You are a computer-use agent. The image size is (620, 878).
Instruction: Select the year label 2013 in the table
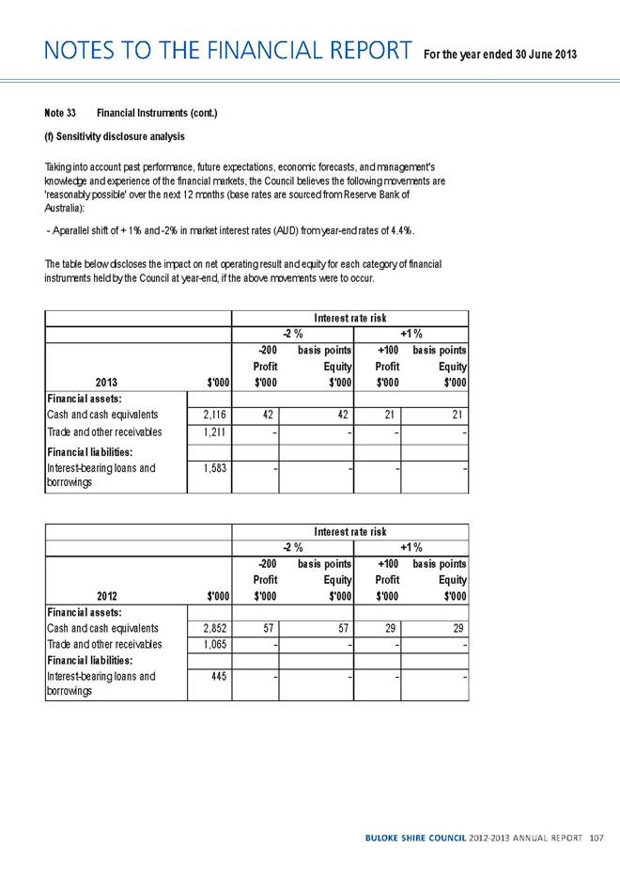point(106,384)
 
